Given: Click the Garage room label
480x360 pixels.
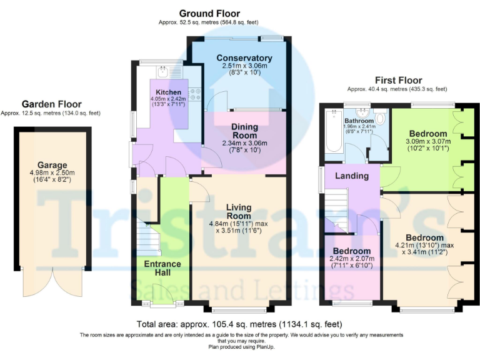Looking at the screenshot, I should click(52, 165).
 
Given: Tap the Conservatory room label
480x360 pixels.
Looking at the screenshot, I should click(240, 58).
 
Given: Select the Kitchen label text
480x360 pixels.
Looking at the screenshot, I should click(167, 92).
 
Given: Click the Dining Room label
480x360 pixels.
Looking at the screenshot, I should click(244, 131).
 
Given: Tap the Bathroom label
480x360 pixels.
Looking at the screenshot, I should click(359, 121).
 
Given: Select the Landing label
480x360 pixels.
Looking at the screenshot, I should click(351, 176).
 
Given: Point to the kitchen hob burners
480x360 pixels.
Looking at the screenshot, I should click(194, 94).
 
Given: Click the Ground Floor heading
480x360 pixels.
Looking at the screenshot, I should click(209, 13).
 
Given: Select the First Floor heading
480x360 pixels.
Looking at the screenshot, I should click(398, 80).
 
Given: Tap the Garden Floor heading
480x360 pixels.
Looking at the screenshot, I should click(51, 104).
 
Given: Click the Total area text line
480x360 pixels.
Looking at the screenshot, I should click(240, 324).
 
